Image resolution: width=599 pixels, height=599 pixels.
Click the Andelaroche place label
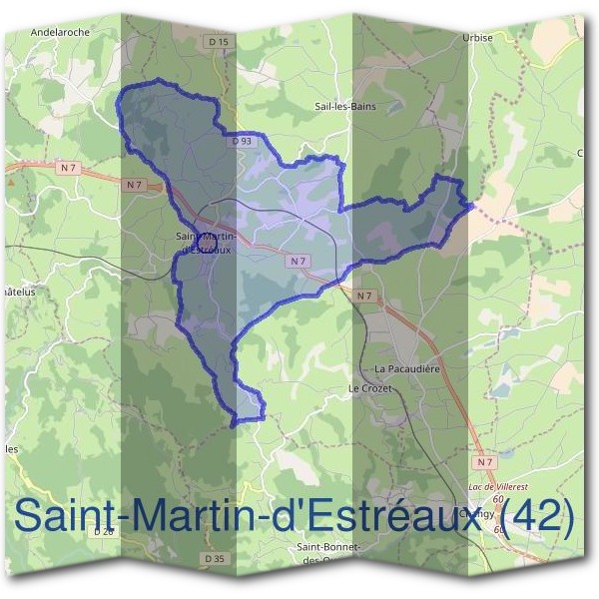coord(61,31)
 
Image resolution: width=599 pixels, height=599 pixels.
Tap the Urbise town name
coord(505,38)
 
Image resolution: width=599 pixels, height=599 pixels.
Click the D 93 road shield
coord(241,142)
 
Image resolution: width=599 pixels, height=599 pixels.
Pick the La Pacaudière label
coord(407,367)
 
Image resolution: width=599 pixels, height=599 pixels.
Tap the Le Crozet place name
coord(366,387)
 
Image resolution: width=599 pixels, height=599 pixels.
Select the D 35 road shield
coord(213,557)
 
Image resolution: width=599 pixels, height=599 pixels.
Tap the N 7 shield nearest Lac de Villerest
coord(485,462)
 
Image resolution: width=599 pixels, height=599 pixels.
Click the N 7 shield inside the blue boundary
coord(297,261)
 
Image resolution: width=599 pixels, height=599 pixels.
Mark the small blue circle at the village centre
coord(207,241)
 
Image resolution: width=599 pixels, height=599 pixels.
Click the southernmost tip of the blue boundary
coord(234,426)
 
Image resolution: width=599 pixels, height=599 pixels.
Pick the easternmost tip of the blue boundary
coord(471,205)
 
